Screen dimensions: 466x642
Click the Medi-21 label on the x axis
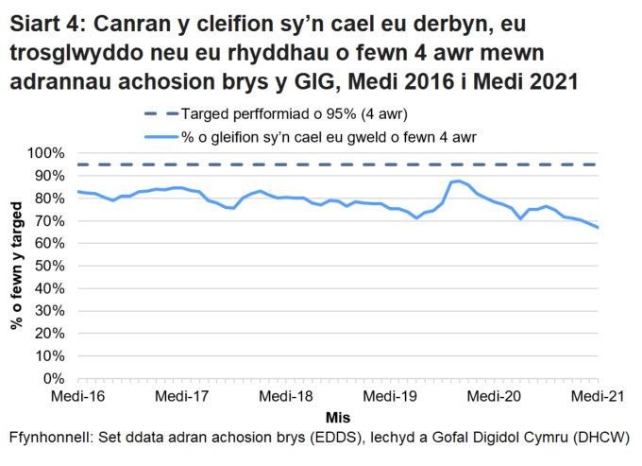point(597,397)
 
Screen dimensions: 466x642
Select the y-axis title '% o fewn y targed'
point(17,266)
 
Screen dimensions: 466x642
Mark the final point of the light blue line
point(598,228)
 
